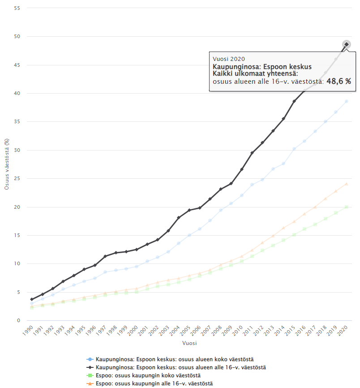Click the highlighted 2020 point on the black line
coord(346,44)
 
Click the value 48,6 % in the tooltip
coord(338,81)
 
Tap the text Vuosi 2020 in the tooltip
coord(229,59)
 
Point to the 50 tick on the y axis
coord(18,36)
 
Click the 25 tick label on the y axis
coord(18,178)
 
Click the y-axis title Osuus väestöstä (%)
coord(7,164)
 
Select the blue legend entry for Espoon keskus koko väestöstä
coord(175,359)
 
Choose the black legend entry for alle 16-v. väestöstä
coord(177,367)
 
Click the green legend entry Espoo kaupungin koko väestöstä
coord(148,375)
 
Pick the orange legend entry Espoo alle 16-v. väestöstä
coord(150,383)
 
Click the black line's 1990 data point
coord(32,299)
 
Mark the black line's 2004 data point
coord(179,218)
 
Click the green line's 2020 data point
coord(346,207)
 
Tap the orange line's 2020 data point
coord(346,184)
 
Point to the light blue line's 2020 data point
coord(346,101)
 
